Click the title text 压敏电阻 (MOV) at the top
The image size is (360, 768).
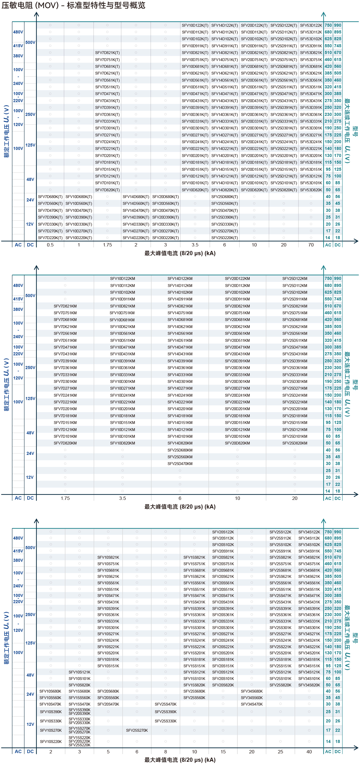pos(30,5)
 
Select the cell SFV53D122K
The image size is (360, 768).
pos(311,25)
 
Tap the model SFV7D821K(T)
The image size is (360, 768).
pos(107,53)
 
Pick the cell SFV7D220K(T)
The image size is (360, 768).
pos(50,238)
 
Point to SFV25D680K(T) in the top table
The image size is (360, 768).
pos(224,197)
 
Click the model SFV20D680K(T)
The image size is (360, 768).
pos(165,197)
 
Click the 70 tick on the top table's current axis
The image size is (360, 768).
pos(311,245)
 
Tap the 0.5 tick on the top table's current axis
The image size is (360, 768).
pos(50,245)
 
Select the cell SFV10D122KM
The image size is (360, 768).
pos(122,279)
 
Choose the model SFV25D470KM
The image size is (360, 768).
pos(180,464)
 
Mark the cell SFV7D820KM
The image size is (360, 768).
pos(65,443)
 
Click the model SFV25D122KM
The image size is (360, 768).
pos(295,279)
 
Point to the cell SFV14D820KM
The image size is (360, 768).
pos(180,443)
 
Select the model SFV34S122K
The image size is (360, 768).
pos(309,532)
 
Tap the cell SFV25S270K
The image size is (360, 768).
pos(137,730)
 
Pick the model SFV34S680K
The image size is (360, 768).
pos(252,691)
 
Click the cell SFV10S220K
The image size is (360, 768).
pos(51,742)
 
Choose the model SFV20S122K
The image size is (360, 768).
pos(223,532)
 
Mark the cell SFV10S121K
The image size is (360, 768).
pos(79,672)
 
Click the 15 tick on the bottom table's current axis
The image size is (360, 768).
pos(223,752)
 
